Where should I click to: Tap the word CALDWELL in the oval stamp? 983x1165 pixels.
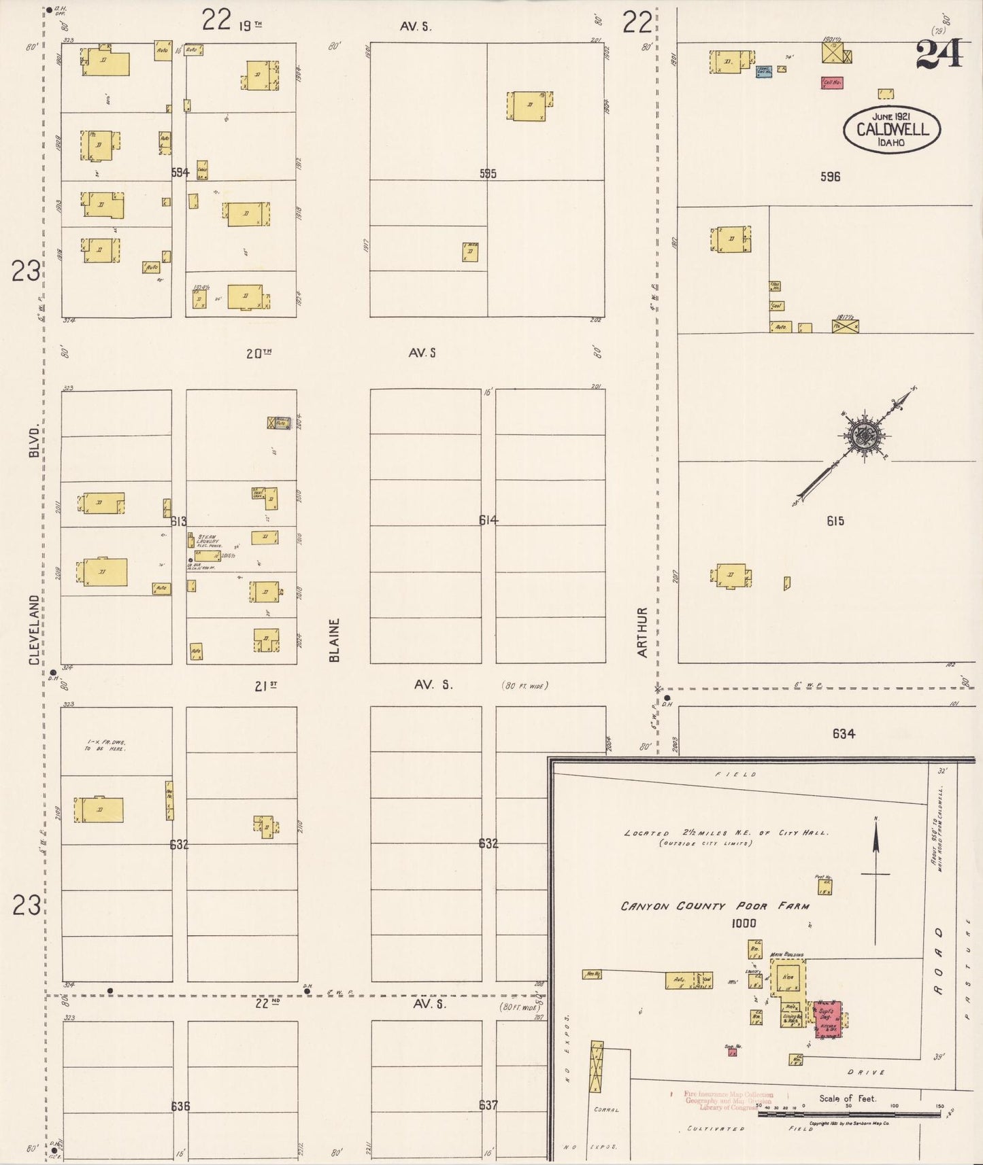pyautogui.click(x=892, y=129)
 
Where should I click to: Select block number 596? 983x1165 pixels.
pyautogui.click(x=830, y=177)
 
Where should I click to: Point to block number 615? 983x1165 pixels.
pyautogui.click(x=835, y=521)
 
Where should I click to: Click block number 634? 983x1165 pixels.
pyautogui.click(x=843, y=733)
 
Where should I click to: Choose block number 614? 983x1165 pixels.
pyautogui.click(x=488, y=520)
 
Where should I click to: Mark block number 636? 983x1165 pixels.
pyautogui.click(x=180, y=1106)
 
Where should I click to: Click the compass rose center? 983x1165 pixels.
pyautogui.click(x=864, y=435)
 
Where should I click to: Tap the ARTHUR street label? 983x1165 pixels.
pyautogui.click(x=642, y=632)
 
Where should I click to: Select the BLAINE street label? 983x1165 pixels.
pyautogui.click(x=333, y=640)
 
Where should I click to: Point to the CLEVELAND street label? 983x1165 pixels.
pyautogui.click(x=34, y=629)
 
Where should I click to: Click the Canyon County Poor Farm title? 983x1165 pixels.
pyautogui.click(x=715, y=906)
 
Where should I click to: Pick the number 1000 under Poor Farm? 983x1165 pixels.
pyautogui.click(x=744, y=923)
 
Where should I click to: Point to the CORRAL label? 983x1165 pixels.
pyautogui.click(x=605, y=1109)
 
